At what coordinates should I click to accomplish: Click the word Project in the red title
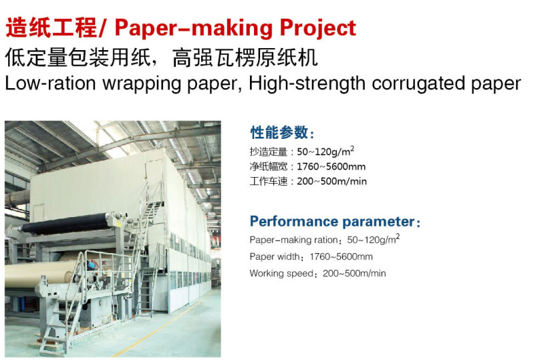[x=318, y=29]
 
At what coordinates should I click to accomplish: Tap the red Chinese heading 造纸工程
[x=51, y=28]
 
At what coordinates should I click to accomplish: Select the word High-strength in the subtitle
[x=307, y=84]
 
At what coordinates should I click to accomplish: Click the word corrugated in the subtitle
[x=418, y=84]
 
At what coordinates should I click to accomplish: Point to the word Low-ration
[x=50, y=83]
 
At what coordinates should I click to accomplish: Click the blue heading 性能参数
[x=279, y=133]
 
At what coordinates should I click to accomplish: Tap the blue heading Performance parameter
[x=332, y=222]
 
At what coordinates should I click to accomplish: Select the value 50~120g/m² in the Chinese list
[x=325, y=152]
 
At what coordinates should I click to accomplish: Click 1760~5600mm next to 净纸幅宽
[x=331, y=166]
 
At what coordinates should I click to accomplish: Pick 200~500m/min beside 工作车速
[x=332, y=182]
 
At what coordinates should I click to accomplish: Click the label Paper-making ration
[x=293, y=240]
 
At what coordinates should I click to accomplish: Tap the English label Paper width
[x=275, y=257]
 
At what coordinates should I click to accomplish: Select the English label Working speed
[x=281, y=274]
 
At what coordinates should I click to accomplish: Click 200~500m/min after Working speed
[x=354, y=274]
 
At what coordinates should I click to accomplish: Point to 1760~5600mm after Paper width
[x=342, y=257]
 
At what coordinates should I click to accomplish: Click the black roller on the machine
[x=66, y=224]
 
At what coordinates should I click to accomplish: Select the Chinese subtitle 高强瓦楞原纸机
[x=245, y=57]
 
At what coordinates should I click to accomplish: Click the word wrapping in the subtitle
[x=142, y=84]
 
